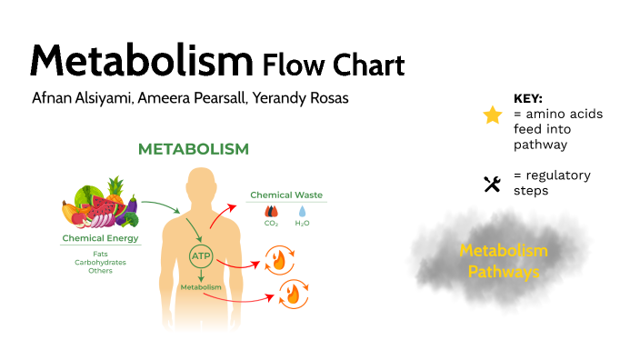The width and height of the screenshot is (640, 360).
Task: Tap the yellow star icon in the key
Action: (x=492, y=115)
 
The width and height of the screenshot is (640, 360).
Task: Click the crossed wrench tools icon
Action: (x=492, y=185)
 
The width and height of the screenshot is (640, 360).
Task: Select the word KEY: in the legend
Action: (x=528, y=98)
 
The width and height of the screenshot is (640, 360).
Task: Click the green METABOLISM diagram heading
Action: (x=193, y=148)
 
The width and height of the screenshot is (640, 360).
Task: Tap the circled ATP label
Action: (x=201, y=257)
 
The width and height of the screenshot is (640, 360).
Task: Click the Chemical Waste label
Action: (x=286, y=195)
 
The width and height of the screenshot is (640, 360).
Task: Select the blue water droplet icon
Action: (x=302, y=211)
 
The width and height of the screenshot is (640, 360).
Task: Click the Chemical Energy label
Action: (x=100, y=239)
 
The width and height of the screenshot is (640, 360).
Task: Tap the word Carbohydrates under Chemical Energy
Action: (x=100, y=262)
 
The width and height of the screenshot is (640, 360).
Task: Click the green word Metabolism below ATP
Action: (x=201, y=287)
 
